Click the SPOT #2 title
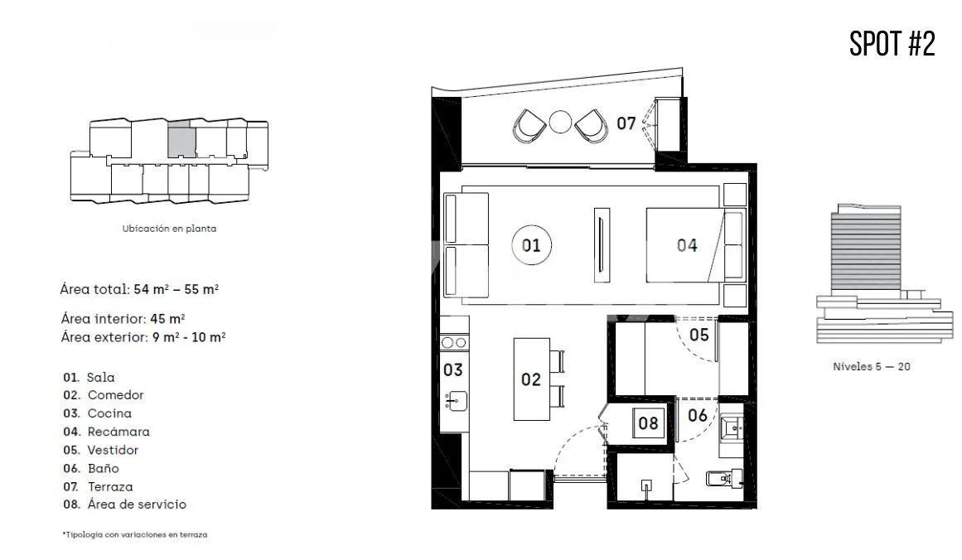(x=892, y=43)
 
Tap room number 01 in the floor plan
(x=531, y=245)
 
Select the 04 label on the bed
(x=687, y=245)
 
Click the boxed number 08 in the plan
(x=648, y=422)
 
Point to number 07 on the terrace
(x=626, y=123)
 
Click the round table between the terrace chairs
(x=561, y=122)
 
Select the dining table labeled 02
(x=530, y=379)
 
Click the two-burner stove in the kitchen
(x=453, y=342)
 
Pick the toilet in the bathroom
(x=719, y=478)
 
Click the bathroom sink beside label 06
(x=732, y=427)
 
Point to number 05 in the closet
(x=699, y=335)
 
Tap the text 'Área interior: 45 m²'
(x=123, y=318)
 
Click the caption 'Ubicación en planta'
(x=169, y=229)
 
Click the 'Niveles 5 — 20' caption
(x=871, y=366)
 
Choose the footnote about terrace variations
(x=134, y=535)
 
